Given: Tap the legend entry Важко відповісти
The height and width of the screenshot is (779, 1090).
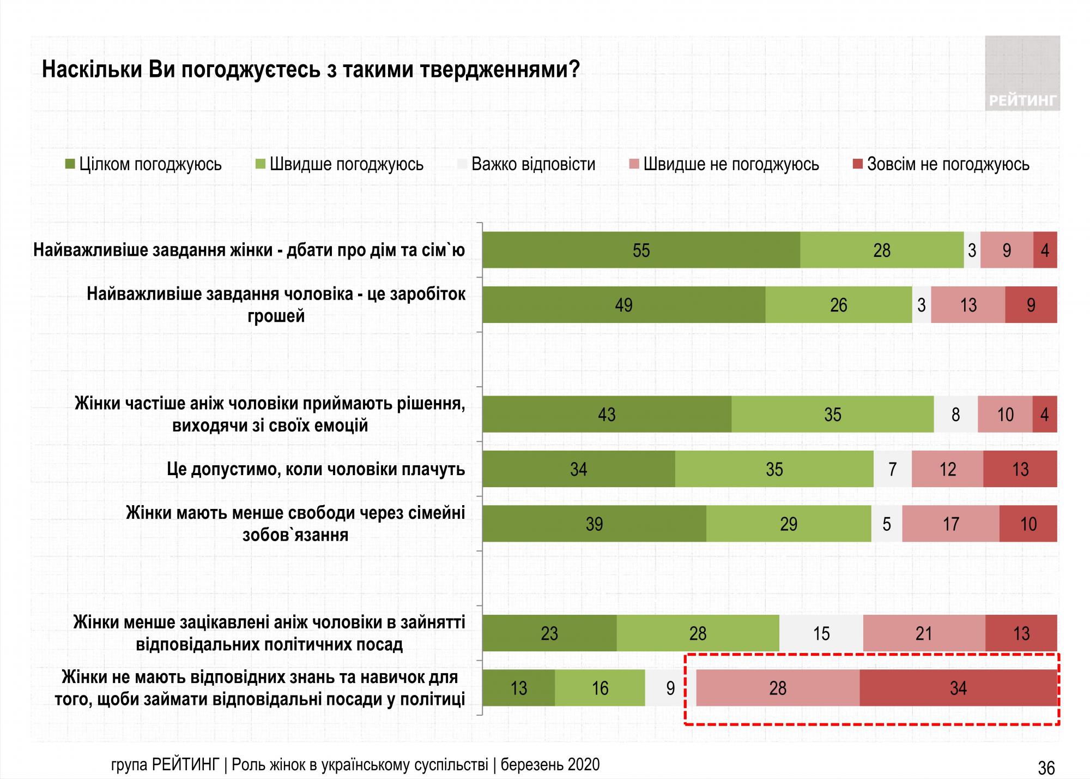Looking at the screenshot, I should pos(526,164).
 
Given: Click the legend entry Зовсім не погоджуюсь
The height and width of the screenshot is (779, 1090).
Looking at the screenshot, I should pos(941,164).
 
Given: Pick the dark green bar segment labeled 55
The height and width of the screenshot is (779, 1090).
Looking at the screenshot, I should pos(641,250).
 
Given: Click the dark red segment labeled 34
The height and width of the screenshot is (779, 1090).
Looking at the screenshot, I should pos(958,688).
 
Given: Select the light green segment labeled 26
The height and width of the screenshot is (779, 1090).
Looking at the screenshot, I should pos(838,304).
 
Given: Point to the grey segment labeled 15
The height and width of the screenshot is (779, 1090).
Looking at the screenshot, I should pos(821,633).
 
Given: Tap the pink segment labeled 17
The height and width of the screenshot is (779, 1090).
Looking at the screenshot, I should pos(950,524).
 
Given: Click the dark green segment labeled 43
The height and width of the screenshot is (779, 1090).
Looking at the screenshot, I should pos(607,415).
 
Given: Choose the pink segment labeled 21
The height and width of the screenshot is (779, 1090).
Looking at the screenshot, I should pos(924,633).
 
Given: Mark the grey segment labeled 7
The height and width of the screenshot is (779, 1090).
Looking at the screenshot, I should pos(892,469).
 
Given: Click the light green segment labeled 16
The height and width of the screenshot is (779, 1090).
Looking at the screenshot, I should pos(599,688).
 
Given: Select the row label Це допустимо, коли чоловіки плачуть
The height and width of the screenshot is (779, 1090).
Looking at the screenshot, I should pos(316,469).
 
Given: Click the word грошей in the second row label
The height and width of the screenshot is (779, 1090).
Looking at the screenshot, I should pos(276,316).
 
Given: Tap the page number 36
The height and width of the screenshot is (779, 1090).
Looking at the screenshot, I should pos(1046,768).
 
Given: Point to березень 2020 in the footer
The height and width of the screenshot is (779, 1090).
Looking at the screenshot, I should pos(550,764).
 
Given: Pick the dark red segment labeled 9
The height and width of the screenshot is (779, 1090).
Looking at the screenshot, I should pos(1031,304).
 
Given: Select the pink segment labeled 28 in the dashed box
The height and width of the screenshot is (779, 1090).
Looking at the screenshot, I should pos(778,688).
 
